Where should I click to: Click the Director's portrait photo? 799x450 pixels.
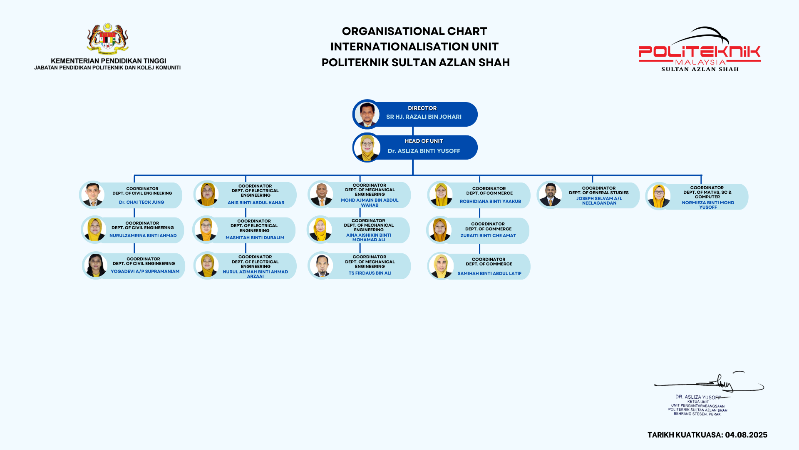(367, 114)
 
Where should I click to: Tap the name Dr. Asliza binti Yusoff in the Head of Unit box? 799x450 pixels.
(424, 151)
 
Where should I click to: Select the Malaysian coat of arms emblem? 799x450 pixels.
(107, 39)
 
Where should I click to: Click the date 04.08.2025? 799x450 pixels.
(746, 435)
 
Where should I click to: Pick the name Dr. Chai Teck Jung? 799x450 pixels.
(141, 202)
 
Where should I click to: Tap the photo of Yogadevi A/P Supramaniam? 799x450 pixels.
(96, 265)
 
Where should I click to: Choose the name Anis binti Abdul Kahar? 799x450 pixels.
(256, 202)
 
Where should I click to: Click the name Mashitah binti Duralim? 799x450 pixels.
(255, 237)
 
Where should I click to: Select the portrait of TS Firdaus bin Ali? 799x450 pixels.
(322, 265)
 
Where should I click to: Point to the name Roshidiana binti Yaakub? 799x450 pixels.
(490, 201)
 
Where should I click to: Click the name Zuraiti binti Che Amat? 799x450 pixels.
(488, 235)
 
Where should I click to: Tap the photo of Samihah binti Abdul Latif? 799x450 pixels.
(441, 266)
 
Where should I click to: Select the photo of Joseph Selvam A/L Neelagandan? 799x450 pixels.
(550, 195)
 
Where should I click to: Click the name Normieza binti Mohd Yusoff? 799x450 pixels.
(707, 205)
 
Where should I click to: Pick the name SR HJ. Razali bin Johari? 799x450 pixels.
(424, 117)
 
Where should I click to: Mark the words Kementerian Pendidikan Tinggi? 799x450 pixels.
(108, 61)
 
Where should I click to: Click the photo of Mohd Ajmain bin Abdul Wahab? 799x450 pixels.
(321, 195)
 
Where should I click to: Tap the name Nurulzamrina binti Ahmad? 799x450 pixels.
(143, 235)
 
